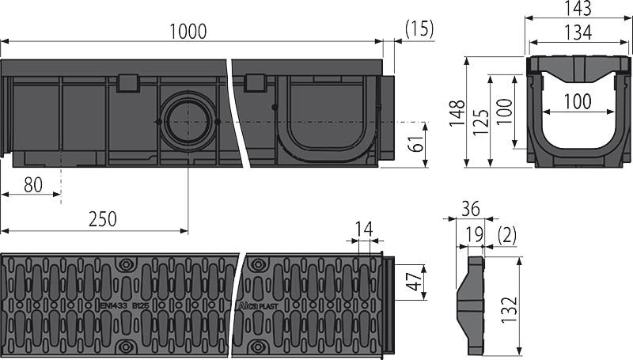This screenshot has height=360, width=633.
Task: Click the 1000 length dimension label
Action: (x=188, y=31)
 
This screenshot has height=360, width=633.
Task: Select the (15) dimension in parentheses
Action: (x=419, y=30)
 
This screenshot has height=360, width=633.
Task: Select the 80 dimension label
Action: (x=32, y=185)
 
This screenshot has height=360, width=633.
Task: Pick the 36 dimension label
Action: (x=470, y=209)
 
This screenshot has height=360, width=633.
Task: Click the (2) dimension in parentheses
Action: (x=508, y=234)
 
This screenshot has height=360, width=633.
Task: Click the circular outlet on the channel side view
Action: (x=188, y=122)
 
